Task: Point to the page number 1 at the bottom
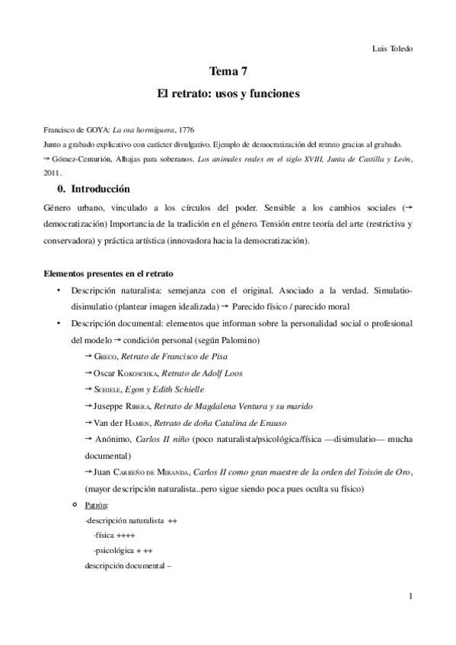(x=410, y=597)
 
